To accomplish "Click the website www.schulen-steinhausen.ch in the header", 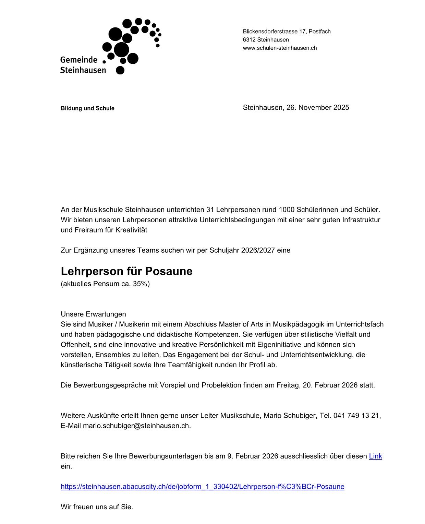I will (x=280, y=48).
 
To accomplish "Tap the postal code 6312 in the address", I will (x=249, y=40).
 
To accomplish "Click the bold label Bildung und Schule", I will (x=87, y=108).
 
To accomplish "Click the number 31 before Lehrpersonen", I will (x=210, y=210).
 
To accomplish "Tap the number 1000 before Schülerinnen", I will (x=286, y=210).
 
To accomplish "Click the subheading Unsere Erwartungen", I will (x=93, y=314).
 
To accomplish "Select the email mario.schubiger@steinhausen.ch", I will (x=136, y=426).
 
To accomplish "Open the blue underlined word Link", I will (x=375, y=456).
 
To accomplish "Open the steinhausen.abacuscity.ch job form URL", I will (x=202, y=487).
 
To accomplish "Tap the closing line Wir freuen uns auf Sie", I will (x=97, y=507).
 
